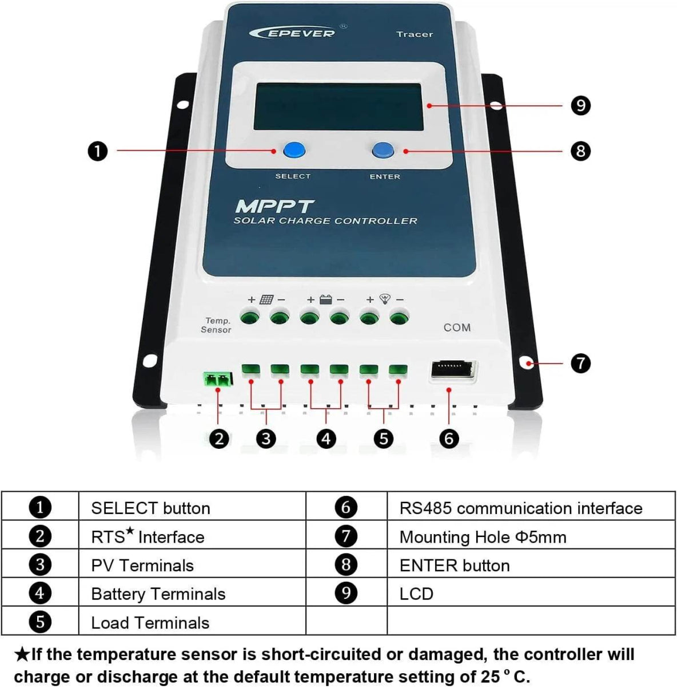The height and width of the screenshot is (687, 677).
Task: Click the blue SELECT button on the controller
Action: [x=294, y=151]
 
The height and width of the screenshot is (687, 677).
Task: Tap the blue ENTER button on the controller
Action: [x=383, y=151]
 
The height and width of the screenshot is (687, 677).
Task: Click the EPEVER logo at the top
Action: [x=292, y=33]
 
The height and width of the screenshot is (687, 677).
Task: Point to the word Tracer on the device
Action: [x=415, y=34]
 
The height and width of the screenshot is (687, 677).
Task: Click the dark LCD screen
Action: [x=338, y=106]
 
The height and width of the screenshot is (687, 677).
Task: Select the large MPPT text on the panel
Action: [x=274, y=206]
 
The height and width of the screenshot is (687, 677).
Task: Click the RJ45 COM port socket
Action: [x=452, y=370]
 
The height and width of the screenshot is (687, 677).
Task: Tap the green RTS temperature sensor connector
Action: [x=218, y=378]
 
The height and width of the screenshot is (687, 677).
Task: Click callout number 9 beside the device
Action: [x=580, y=105]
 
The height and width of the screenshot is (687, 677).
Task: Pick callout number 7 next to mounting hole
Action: [x=580, y=363]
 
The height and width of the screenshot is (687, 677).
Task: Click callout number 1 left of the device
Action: [x=98, y=151]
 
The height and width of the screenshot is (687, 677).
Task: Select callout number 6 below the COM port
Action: [x=449, y=439]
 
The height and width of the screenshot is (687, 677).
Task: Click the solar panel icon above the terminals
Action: [x=266, y=299]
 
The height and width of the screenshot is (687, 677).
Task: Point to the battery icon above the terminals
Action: [x=325, y=299]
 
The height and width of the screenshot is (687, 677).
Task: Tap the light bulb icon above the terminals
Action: [x=385, y=299]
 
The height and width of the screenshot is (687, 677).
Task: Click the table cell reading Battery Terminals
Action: [x=158, y=594]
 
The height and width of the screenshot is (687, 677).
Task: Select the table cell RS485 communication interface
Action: [x=520, y=508]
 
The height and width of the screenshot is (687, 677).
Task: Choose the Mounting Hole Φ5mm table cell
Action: [x=483, y=537]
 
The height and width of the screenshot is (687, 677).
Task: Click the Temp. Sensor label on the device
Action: [x=216, y=325]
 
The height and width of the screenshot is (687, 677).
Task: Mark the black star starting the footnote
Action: [x=22, y=654]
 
